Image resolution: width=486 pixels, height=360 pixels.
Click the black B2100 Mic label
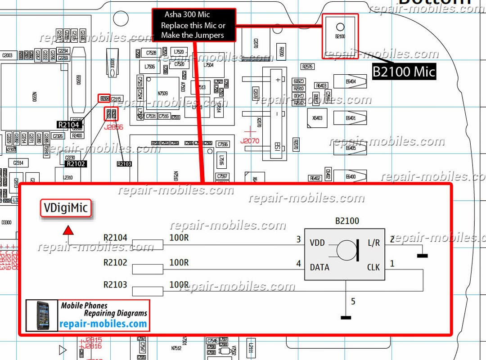pos(404,71)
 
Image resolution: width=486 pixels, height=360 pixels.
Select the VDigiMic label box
pos(66,208)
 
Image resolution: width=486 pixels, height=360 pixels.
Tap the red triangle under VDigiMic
pos(68,230)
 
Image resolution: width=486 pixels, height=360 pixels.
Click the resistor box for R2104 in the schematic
pos(148,245)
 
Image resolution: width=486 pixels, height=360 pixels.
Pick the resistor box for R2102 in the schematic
pos(148,269)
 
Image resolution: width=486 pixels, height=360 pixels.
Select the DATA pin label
pos(319,267)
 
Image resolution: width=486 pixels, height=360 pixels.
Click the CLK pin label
pos(373,267)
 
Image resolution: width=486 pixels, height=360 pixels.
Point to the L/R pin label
pos(373,243)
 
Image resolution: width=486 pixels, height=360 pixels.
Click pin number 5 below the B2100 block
pos(353,301)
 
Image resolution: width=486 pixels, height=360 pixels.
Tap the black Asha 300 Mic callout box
pos(193,25)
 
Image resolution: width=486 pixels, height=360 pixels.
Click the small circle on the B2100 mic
pos(340,27)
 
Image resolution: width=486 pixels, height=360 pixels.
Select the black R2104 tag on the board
pos(68,125)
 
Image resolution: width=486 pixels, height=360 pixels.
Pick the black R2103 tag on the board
pos(124,164)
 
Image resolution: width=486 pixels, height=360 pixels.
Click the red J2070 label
pos(250,141)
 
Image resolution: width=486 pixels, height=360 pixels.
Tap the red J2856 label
pos(113,127)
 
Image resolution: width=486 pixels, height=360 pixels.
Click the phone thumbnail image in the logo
pos(42,315)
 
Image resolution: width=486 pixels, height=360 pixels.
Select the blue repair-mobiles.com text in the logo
pos(103,324)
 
